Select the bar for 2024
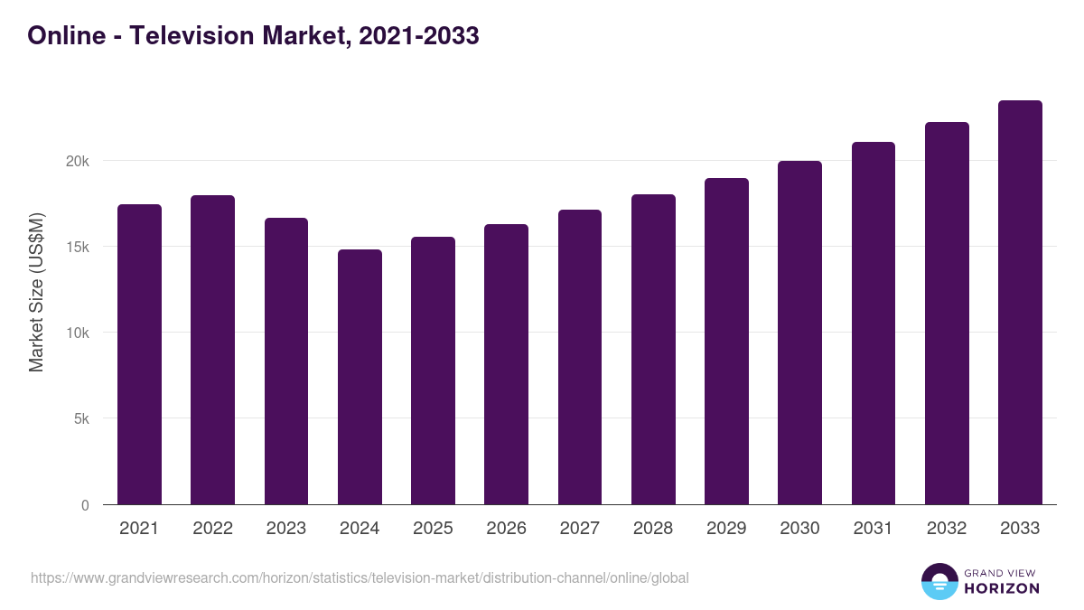pos(360,377)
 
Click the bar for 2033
pos(1020,303)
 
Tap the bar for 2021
pos(139,354)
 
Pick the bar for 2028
pos(653,350)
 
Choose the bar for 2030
pos(799,333)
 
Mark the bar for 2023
pos(286,361)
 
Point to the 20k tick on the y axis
pos(79,161)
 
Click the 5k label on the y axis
pos(81,419)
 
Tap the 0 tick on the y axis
pos(85,505)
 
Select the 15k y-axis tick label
pos(79,247)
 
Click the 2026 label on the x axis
pos(506,529)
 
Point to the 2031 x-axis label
pos(873,529)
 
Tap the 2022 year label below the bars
pos(212,529)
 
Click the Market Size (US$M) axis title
pos(36,291)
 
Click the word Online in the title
pos(61,36)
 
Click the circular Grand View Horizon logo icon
pos(939,581)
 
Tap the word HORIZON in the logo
pos(1002,588)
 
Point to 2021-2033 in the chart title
pos(418,36)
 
